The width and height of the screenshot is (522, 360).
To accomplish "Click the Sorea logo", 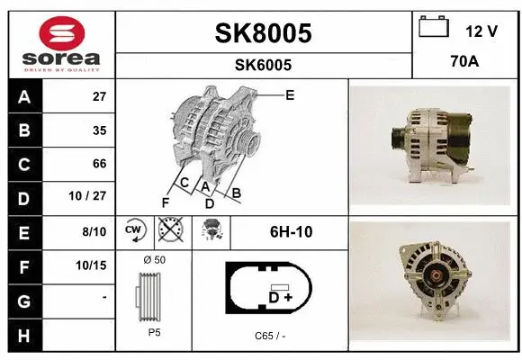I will (x=60, y=42).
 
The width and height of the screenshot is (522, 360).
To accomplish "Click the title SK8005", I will (x=263, y=33).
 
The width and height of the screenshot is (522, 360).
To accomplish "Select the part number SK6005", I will (x=263, y=65).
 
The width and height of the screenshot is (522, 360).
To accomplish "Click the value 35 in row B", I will (x=98, y=130).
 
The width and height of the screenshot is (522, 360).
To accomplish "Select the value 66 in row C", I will (x=98, y=164).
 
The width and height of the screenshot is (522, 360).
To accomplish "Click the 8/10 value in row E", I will (x=94, y=231).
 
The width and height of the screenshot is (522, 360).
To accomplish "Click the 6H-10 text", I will (x=291, y=231).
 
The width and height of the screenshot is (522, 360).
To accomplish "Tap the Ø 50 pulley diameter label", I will (x=154, y=260).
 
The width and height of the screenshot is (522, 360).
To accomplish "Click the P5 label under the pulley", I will (x=154, y=331).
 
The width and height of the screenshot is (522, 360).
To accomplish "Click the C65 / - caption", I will (x=270, y=335).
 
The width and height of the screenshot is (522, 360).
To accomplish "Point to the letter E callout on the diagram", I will (x=289, y=94).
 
